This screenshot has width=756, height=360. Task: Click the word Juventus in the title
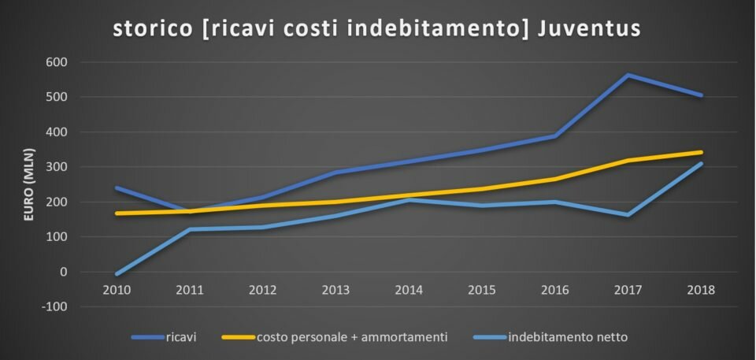[588, 28]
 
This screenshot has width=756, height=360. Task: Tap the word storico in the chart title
[153, 28]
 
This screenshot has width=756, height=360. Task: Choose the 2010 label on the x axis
[117, 290]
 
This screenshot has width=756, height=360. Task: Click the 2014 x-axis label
[409, 290]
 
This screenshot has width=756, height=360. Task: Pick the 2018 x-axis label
[701, 290]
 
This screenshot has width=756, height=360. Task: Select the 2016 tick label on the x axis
[555, 290]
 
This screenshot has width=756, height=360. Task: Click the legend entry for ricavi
[164, 337]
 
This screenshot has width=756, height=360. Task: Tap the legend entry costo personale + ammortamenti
[335, 337]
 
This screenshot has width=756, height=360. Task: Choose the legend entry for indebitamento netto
[550, 337]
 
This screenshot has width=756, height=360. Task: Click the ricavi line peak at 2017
[628, 76]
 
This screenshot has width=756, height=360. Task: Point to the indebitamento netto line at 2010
[117, 273]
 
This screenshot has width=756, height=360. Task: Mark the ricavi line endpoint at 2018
[701, 95]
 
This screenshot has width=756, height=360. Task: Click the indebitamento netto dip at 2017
[628, 215]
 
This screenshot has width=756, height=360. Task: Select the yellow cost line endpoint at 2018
[701, 153]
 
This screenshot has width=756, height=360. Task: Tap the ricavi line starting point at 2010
[117, 187]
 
